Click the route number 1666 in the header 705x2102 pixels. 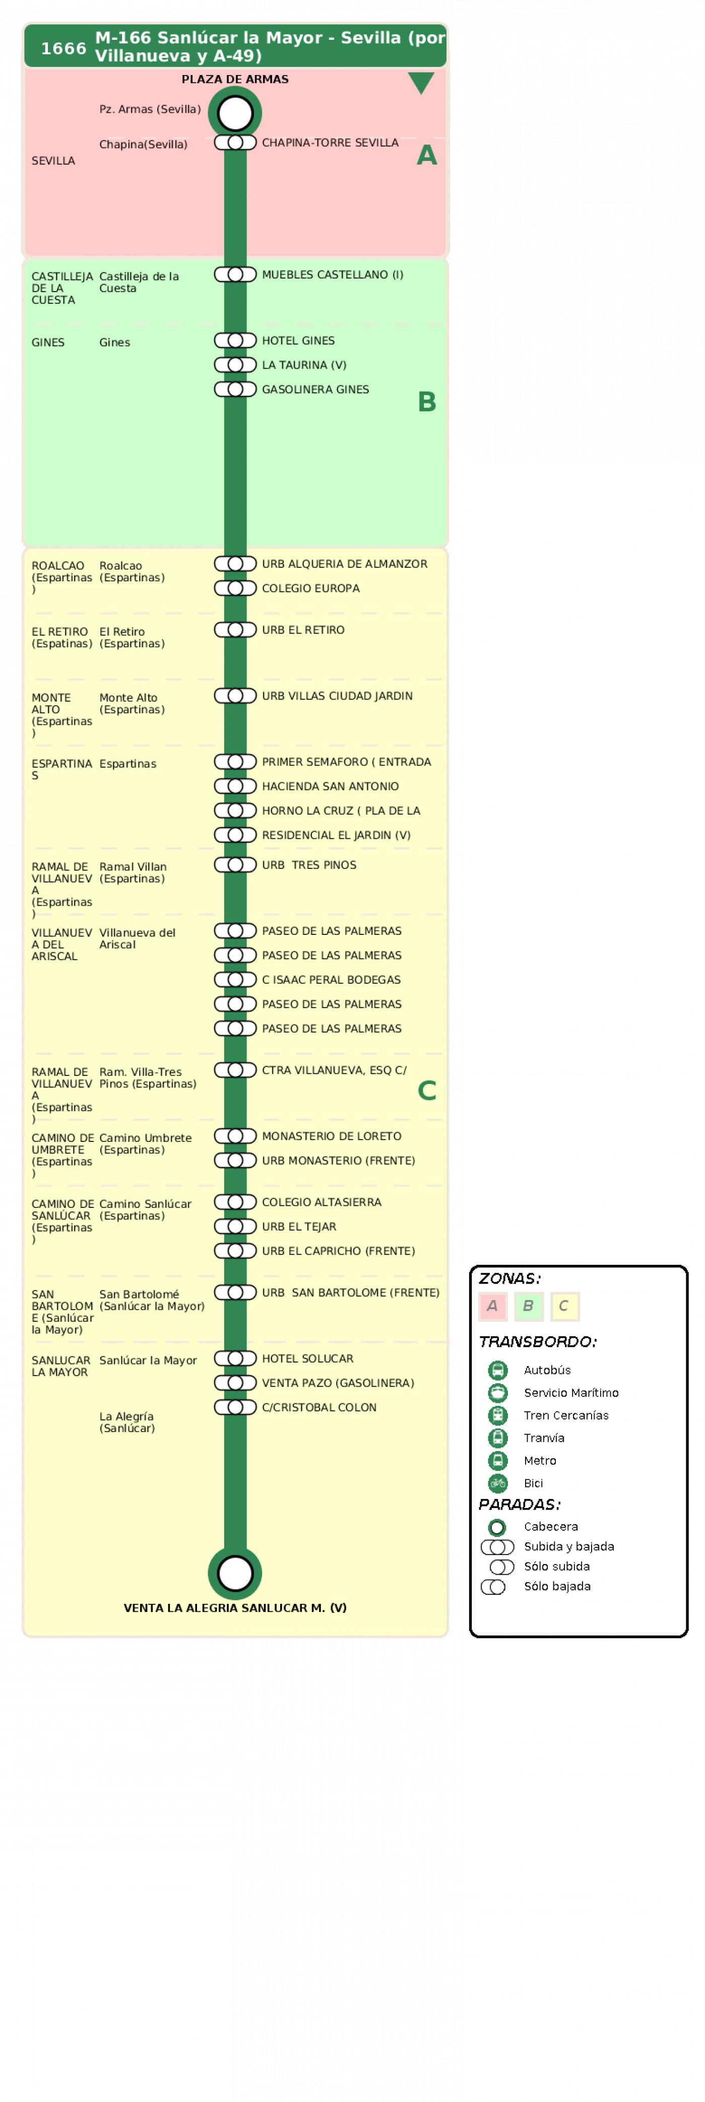[63, 48]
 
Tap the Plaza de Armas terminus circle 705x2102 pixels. [235, 113]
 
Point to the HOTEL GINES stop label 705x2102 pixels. [298, 341]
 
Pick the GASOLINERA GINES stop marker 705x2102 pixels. [235, 389]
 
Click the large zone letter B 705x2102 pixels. [427, 401]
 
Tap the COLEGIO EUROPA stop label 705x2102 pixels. [310, 588]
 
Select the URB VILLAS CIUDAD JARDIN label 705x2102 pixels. [337, 696]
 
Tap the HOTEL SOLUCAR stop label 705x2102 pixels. [307, 1359]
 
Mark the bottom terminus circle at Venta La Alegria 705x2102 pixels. [235, 1573]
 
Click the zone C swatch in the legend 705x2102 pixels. [564, 1307]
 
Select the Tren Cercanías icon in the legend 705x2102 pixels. [498, 1416]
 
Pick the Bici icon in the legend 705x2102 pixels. [498, 1483]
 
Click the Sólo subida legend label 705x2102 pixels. [556, 1567]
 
